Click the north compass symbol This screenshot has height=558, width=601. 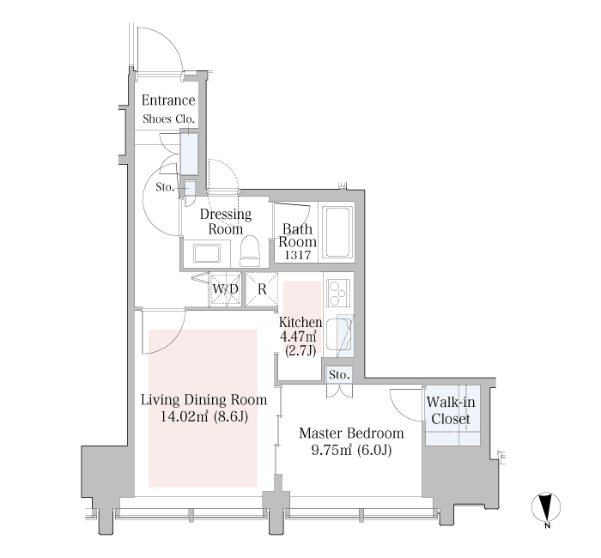[546, 506]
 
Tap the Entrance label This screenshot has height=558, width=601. [168, 100]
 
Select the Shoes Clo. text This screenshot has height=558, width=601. [168, 118]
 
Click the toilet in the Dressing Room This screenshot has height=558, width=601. [250, 251]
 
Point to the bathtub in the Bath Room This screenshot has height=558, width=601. [337, 233]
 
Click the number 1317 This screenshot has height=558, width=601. [297, 255]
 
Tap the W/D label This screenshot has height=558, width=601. [225, 289]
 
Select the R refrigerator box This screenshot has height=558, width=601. [262, 289]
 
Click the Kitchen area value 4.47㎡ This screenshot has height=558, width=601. [298, 337]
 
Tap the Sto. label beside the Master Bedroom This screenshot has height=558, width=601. [339, 374]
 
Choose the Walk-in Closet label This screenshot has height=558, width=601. [451, 410]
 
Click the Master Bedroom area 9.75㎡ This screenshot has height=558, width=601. [331, 450]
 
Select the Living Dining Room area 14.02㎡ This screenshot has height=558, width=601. [185, 416]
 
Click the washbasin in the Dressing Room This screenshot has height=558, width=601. [207, 253]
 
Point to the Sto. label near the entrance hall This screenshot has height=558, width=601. [165, 187]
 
